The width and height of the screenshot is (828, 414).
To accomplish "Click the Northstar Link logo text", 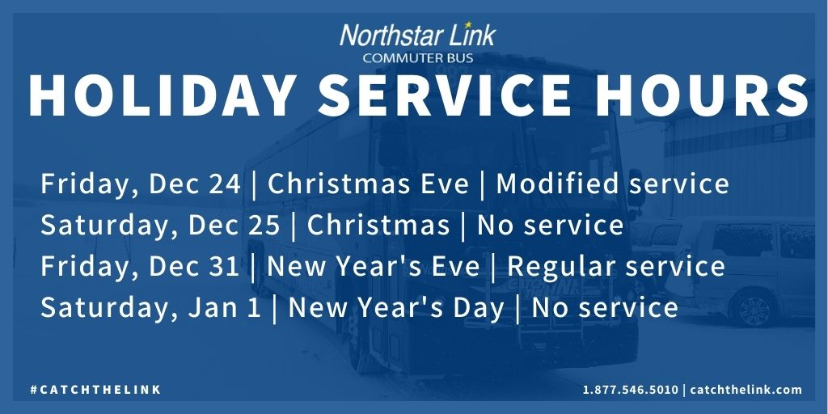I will pos(417,36).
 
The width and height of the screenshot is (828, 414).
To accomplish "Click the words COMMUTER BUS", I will pos(418,58).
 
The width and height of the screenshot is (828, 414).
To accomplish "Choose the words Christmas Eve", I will pos(368,184).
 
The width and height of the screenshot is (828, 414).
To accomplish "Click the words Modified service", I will pos(612,184).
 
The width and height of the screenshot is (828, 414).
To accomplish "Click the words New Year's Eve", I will pos(374,266).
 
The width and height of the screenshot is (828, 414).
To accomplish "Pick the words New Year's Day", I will pos(395,307).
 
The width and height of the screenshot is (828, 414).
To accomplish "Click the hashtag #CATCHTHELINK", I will pos(96,390).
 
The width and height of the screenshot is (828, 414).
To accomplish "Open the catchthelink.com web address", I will pos(746,390).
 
